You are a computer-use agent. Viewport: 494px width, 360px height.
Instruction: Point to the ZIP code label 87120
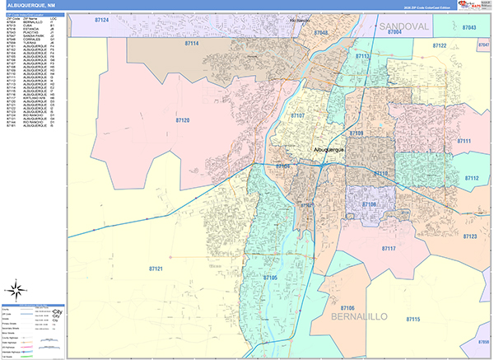pos(182,120)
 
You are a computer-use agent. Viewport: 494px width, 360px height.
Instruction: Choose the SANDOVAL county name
pos(405,27)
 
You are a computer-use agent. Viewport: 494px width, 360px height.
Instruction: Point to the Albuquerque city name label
pos(330,149)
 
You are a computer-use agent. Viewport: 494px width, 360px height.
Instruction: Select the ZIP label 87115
pos(412,319)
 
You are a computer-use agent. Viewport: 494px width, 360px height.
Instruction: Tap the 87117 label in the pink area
pos(389,248)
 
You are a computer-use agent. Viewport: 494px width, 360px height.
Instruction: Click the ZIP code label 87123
pos(469,236)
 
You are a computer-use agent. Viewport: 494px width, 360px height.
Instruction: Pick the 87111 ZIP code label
pos(464,142)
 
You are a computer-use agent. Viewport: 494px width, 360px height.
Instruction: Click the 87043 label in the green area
pos(470,28)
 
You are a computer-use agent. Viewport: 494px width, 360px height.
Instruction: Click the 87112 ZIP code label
pos(471,179)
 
